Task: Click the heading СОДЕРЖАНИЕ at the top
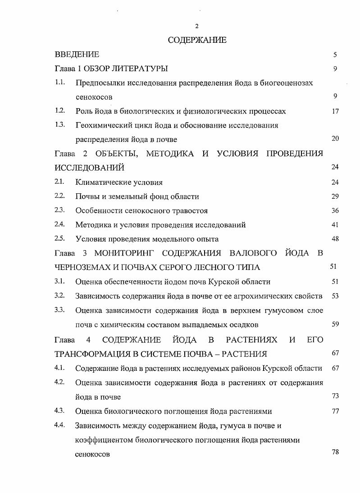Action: click(x=197, y=40)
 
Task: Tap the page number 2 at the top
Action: click(x=197, y=26)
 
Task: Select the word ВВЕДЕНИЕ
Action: click(x=77, y=55)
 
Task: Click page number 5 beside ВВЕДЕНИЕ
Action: click(x=335, y=55)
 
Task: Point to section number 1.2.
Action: click(x=60, y=110)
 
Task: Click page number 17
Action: click(x=335, y=111)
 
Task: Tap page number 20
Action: click(x=335, y=138)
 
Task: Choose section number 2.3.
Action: click(x=60, y=210)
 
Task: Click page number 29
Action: click(x=335, y=196)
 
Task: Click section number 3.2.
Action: click(x=60, y=295)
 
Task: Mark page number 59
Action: click(x=335, y=324)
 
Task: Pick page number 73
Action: click(x=335, y=396)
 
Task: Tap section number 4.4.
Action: click(x=60, y=425)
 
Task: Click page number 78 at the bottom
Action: click(x=335, y=452)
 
